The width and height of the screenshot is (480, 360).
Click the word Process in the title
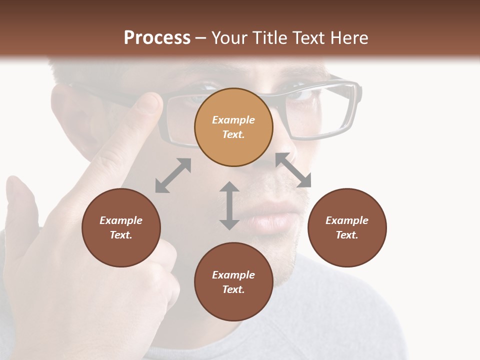click(157, 38)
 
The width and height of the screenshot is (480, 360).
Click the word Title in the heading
click(267, 38)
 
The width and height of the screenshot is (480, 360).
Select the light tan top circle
click(233, 127)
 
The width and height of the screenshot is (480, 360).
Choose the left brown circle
click(121, 228)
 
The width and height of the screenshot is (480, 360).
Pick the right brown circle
click(347, 228)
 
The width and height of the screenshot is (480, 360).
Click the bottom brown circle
click(233, 282)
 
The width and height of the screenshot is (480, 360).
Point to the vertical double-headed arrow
click(229, 205)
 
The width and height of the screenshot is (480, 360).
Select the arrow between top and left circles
click(173, 175)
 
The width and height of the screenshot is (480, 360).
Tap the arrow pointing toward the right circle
click(293, 170)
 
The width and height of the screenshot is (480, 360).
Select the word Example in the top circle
click(233, 120)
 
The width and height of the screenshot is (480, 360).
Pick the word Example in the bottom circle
click(233, 275)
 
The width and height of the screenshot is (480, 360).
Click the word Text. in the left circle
click(121, 235)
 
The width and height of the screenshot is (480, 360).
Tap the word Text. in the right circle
click(347, 235)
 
